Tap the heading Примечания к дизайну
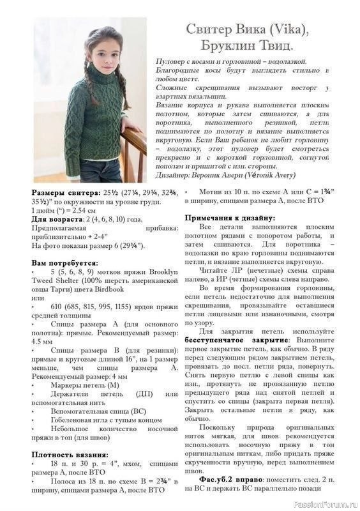pos(230,218)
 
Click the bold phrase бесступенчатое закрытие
pos(226,340)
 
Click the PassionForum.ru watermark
pos(325,503)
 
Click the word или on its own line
pos(38,298)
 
